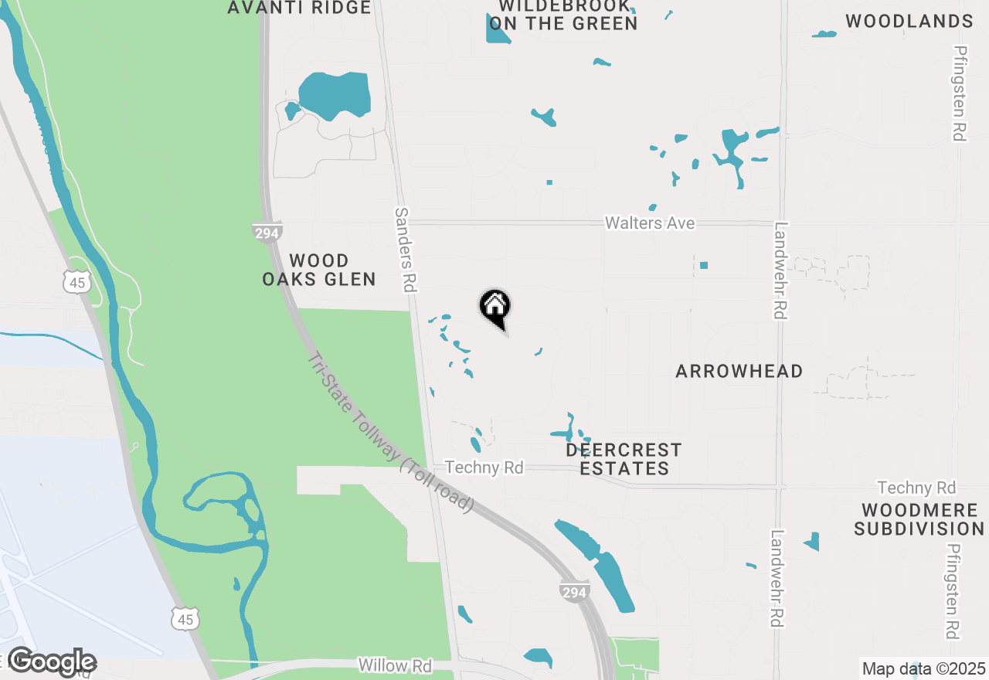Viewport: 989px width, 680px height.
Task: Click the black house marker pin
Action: pos(495,307)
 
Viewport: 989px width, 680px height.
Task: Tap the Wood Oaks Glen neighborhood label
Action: pos(319,270)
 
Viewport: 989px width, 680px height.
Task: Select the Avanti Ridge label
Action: pos(300,8)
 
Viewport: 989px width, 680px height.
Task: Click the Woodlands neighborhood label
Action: pos(909,22)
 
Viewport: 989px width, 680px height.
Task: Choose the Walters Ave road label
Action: pos(649,223)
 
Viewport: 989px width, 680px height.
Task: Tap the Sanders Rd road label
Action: pos(406,250)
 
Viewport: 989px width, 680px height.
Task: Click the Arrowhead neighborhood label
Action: pos(739,372)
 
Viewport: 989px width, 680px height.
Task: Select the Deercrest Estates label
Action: pos(624,459)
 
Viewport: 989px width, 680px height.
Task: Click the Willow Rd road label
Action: pos(394,665)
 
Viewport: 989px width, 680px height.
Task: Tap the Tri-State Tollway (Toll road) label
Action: pos(390,433)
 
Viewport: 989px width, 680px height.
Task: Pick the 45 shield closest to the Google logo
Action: pos(186,617)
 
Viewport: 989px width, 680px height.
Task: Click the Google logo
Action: pos(52,662)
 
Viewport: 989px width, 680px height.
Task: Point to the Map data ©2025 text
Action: pos(923,668)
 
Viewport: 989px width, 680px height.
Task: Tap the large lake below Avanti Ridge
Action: pos(335,95)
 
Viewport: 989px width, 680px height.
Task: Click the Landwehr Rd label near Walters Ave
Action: pos(780,270)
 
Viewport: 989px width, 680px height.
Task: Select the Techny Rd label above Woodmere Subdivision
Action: pos(916,488)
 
